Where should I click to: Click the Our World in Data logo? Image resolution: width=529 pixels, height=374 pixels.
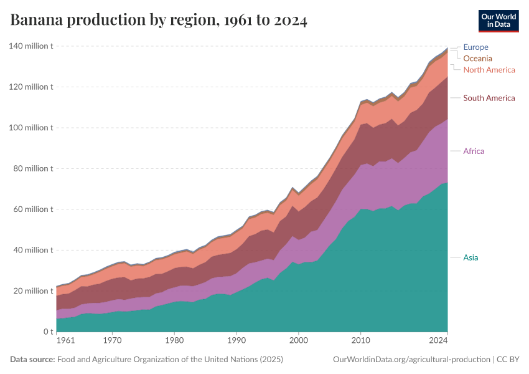pos(498,20)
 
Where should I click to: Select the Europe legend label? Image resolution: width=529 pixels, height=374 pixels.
pos(475,47)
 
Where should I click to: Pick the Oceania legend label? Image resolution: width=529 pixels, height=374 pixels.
pos(477,59)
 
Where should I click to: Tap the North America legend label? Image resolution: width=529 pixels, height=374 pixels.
pos(489,70)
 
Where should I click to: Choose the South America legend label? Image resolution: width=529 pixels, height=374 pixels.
pos(489,98)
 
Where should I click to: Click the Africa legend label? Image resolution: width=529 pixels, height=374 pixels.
pos(473,151)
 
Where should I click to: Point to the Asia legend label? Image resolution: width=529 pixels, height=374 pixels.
pos(470,257)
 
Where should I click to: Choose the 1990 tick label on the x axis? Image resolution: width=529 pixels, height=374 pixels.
pos(236,342)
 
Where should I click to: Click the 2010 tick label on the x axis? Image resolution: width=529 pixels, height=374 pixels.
pos(361,342)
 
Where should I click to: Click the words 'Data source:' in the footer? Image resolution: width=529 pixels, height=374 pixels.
pos(32,360)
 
